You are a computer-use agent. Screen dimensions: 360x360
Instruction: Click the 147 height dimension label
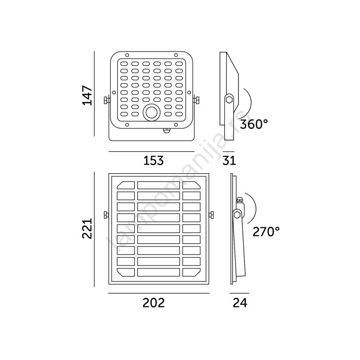click(x=87, y=95)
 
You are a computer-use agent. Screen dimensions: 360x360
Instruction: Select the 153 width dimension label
click(x=153, y=160)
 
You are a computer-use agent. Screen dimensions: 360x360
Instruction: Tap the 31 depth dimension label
click(x=229, y=160)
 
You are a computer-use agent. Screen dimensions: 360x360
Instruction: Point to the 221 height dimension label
click(x=87, y=229)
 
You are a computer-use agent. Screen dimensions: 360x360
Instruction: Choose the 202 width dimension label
click(x=154, y=303)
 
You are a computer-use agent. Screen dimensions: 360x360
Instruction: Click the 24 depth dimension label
click(x=240, y=303)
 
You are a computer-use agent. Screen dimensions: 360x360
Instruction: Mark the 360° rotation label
click(x=254, y=124)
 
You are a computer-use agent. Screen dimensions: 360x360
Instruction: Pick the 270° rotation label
click(x=266, y=231)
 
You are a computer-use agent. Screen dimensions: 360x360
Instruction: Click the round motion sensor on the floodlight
click(x=151, y=113)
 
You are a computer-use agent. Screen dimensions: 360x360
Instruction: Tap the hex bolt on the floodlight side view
click(x=229, y=100)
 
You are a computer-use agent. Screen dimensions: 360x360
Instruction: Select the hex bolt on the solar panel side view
click(x=237, y=215)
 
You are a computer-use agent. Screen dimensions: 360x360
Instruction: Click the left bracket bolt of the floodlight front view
click(x=106, y=100)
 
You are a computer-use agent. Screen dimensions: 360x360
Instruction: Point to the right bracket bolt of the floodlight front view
click(x=196, y=100)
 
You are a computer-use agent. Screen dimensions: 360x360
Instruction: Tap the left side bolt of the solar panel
click(x=106, y=215)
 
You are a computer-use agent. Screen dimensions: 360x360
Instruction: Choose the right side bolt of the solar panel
click(x=211, y=215)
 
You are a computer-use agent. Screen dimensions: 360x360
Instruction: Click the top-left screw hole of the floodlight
click(x=127, y=55)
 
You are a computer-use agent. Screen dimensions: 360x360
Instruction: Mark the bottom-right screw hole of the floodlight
click(x=176, y=124)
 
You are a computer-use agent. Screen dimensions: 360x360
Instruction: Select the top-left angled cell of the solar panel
click(x=126, y=185)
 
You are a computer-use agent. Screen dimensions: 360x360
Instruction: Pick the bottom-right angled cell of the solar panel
click(x=191, y=272)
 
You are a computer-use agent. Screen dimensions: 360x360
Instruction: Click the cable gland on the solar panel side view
click(x=240, y=200)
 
